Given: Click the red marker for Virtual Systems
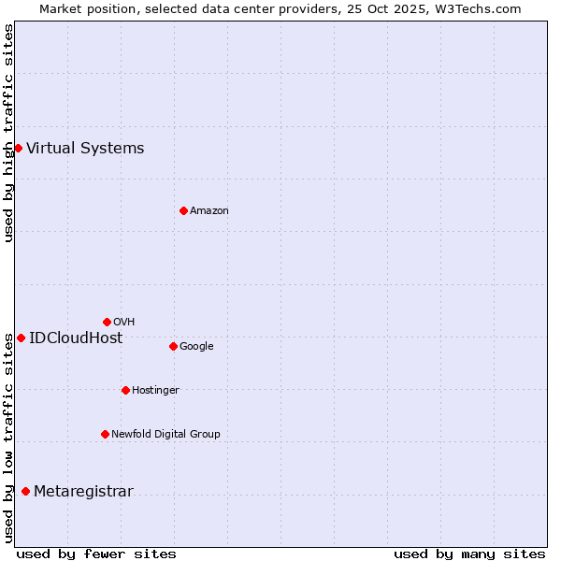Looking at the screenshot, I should (18, 148).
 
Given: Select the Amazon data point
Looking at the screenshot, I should (183, 210).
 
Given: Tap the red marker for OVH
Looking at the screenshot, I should (107, 322).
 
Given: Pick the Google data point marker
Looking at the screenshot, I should (173, 346).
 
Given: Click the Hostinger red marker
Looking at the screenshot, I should (125, 390).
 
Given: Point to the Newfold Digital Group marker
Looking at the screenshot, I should (105, 434).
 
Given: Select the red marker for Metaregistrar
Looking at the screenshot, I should (25, 492).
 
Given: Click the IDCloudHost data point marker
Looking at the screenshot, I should (21, 338).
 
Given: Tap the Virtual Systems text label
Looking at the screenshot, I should (85, 148).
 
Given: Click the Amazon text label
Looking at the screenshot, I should (209, 210).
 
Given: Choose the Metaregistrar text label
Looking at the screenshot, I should (83, 492).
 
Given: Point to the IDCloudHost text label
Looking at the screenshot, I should (76, 338).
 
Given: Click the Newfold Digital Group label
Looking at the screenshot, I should (165, 434).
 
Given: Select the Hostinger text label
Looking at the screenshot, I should (155, 390).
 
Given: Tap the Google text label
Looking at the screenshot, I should (196, 346).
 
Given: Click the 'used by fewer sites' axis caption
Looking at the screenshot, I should (96, 554).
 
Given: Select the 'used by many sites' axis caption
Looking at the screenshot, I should (469, 554).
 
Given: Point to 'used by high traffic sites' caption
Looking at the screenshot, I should (8, 134).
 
